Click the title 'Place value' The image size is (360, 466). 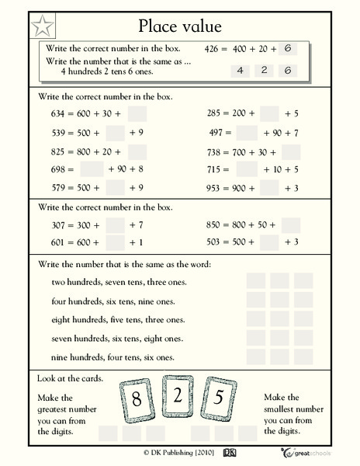181,26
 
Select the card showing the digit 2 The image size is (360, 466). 178,395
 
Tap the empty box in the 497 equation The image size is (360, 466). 247,132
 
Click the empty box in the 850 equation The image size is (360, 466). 291,225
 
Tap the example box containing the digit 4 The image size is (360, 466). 241,71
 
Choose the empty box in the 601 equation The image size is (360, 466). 116,243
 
